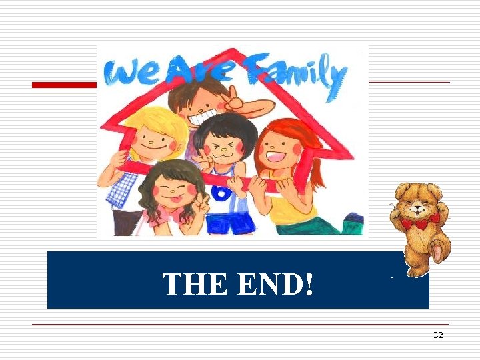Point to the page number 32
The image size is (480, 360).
coord(438,335)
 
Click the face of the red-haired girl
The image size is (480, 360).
coord(279,151)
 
